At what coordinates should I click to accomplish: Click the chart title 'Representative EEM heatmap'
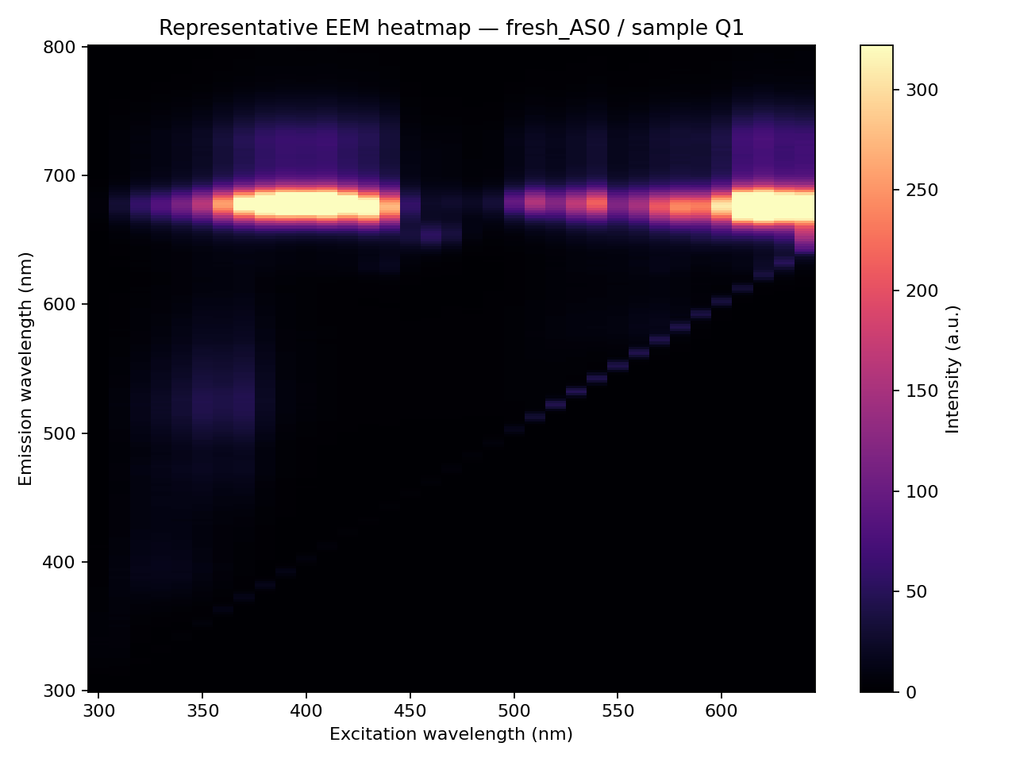(315, 28)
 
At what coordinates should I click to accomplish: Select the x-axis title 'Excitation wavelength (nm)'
(451, 734)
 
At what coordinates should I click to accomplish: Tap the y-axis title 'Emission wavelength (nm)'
(25, 369)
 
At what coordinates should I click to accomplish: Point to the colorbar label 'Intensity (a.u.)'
(952, 369)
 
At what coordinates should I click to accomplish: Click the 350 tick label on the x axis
(202, 710)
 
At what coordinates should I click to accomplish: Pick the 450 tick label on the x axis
(410, 710)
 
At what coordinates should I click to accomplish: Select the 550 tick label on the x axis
(618, 710)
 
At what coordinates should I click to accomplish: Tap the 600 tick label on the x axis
(722, 710)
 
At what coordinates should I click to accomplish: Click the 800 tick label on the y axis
(60, 47)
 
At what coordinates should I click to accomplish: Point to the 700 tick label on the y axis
(60, 175)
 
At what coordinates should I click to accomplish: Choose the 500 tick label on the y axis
(60, 433)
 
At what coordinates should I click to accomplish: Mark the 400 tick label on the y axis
(60, 562)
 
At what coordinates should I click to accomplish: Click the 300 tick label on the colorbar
(922, 90)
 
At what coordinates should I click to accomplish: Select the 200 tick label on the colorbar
(922, 291)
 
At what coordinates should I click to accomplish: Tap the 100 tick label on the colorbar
(922, 491)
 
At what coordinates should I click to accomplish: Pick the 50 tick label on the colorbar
(917, 592)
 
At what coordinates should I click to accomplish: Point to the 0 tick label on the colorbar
(911, 692)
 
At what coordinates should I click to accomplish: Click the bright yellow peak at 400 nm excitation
(306, 204)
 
